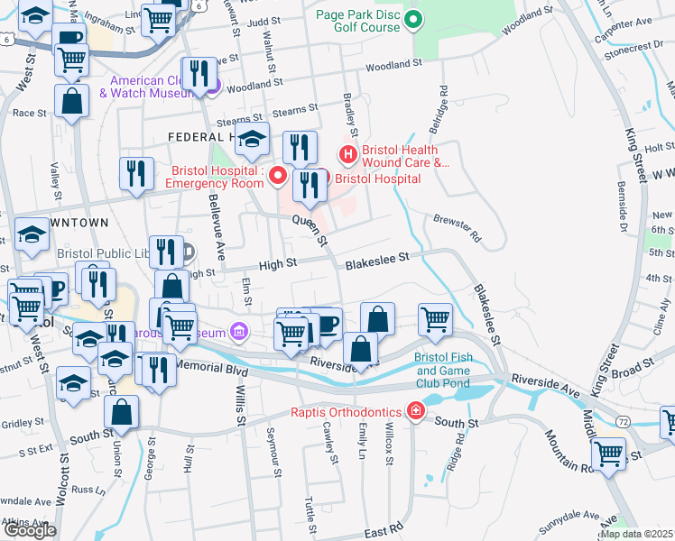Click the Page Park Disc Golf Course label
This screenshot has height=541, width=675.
(357, 21)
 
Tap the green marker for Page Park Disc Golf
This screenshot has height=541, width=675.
(413, 18)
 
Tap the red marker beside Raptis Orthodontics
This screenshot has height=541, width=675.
(415, 412)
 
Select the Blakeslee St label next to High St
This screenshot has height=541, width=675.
(377, 259)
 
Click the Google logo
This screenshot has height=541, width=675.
(30, 530)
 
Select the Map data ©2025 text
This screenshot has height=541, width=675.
(636, 534)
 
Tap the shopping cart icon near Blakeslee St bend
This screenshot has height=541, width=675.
(435, 318)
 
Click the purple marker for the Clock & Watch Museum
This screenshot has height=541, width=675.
(213, 87)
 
